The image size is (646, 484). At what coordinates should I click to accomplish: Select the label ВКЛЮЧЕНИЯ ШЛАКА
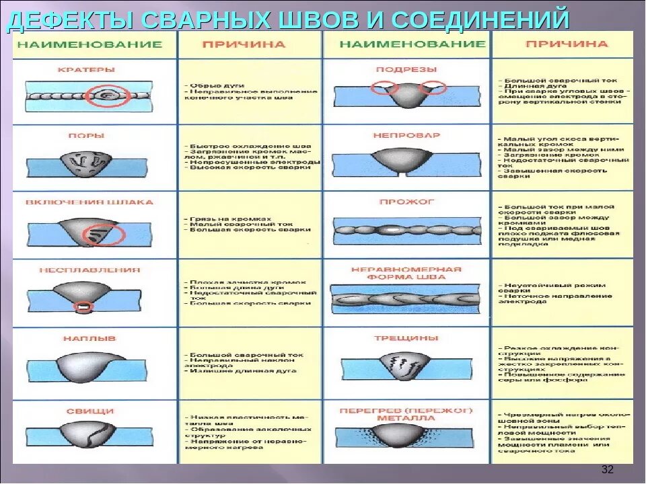89,202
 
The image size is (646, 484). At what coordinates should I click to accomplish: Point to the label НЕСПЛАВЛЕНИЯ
89,270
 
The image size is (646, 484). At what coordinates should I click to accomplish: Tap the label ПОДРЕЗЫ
406,69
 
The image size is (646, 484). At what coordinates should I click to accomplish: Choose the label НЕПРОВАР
406,134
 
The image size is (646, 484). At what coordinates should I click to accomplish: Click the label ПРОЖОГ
406,201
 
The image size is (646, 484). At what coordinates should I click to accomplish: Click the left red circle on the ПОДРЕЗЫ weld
384,88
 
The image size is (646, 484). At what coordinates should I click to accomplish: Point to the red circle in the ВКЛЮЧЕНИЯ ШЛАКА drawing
104,235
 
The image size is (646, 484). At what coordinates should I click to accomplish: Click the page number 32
607,469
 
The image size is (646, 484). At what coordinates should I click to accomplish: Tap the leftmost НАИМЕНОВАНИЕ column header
89,44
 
